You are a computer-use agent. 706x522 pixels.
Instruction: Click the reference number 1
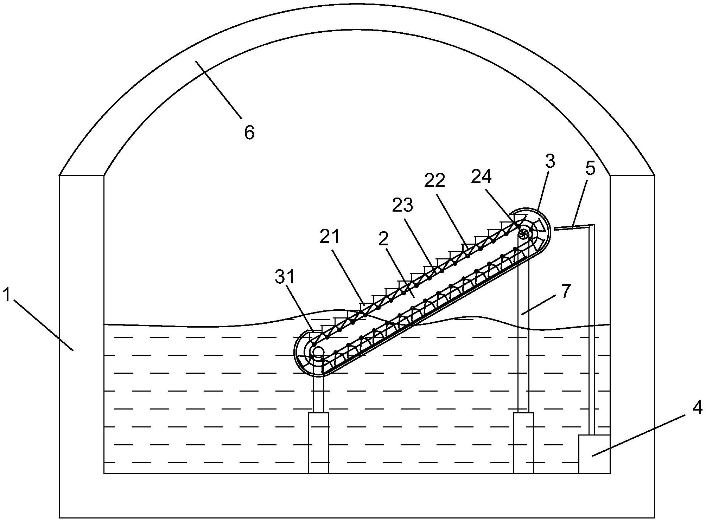[x=7, y=295]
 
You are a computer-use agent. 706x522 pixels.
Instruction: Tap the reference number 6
[x=249, y=133]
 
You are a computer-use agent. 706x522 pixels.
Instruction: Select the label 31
[x=284, y=277]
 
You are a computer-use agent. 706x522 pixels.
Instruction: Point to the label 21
[x=330, y=237]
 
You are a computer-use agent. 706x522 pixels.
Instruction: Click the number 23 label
[x=402, y=205]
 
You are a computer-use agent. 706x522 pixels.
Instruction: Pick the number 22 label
[x=435, y=181]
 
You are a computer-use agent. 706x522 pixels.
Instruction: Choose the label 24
[x=481, y=177]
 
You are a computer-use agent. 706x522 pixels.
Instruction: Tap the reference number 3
[x=550, y=161]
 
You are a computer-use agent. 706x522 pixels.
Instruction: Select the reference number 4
[x=697, y=407]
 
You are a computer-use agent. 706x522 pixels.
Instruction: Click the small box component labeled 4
[x=594, y=454]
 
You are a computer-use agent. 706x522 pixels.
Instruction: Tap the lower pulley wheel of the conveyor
[x=318, y=351]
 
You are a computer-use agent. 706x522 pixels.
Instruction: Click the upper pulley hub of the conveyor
[x=524, y=233]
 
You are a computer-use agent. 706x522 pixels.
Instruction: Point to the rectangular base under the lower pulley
[x=318, y=443]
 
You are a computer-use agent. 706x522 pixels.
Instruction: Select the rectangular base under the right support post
[x=523, y=443]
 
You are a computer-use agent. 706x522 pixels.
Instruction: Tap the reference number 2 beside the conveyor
[x=383, y=239]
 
